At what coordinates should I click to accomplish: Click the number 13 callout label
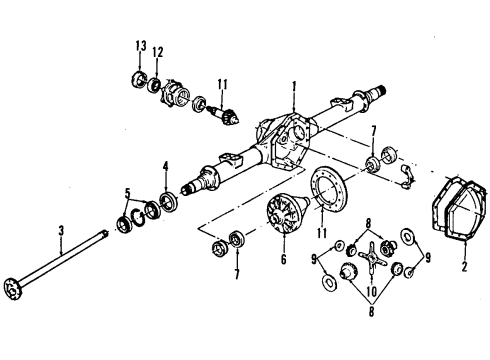coord(140,47)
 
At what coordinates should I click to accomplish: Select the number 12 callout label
coord(157,52)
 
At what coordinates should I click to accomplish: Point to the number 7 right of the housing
coord(373,131)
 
